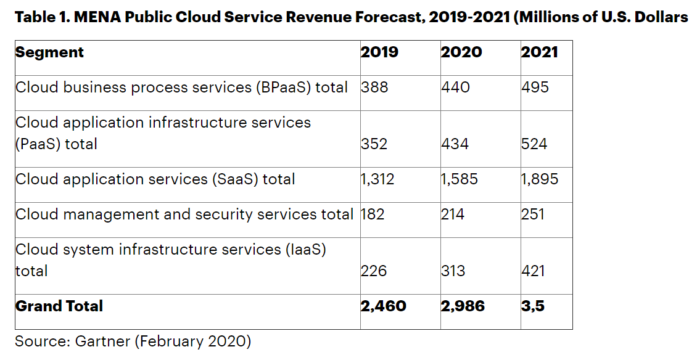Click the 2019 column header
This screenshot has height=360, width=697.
(379, 52)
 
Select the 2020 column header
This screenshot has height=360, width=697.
(461, 52)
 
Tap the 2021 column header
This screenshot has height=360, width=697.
(539, 52)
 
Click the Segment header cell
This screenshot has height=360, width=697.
(49, 52)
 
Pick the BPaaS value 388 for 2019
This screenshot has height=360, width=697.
(374, 88)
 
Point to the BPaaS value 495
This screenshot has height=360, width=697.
(535, 88)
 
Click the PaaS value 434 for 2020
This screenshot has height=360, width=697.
(455, 144)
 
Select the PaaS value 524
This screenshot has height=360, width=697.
(535, 144)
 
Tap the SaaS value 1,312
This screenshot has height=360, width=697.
(377, 179)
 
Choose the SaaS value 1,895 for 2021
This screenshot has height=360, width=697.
(540, 179)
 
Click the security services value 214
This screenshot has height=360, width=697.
(453, 215)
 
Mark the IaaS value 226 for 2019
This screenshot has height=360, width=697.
(374, 271)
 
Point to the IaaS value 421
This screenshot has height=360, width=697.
(534, 271)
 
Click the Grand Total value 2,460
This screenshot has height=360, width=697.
(383, 306)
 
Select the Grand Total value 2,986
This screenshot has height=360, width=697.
(463, 306)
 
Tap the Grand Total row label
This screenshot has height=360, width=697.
(59, 306)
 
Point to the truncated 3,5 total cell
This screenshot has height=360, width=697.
(533, 306)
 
